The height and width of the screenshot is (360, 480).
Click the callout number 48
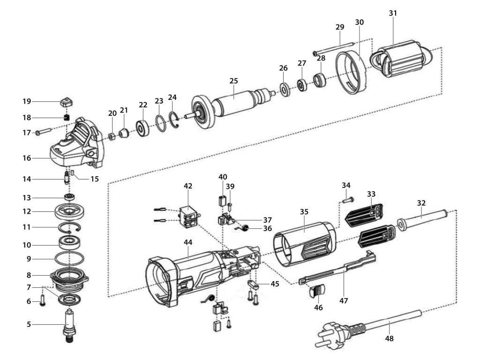point(389,338)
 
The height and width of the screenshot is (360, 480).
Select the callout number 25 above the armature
point(233,81)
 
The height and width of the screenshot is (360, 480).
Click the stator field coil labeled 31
point(401,59)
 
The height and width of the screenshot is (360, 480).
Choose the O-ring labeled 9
point(69,258)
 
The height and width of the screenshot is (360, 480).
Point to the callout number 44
point(187,242)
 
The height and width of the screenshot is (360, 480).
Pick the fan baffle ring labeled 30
point(351,72)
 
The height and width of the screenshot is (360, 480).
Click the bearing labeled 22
point(142,128)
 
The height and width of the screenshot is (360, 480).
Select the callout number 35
point(304,211)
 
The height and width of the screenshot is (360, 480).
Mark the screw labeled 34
point(347,201)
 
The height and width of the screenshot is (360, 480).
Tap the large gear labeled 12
point(69,211)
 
